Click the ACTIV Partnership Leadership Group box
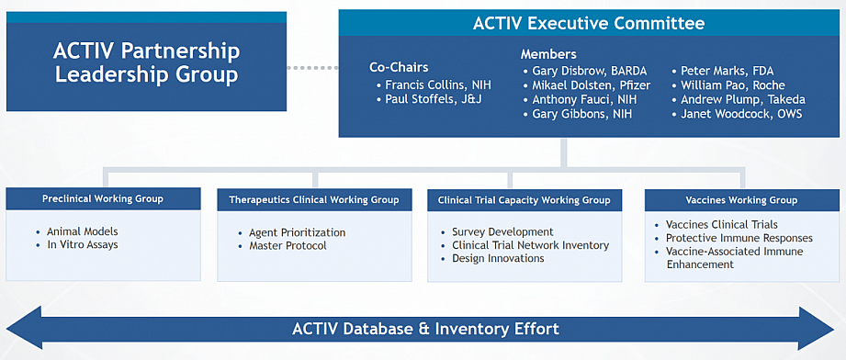click(x=146, y=62)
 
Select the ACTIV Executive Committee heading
click(x=589, y=23)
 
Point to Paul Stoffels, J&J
click(x=434, y=99)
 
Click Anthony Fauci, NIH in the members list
click(x=582, y=99)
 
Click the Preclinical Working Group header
click(x=103, y=198)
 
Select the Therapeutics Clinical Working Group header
click(x=314, y=199)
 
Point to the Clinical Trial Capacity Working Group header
click(x=525, y=200)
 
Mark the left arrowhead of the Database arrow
click(x=24, y=328)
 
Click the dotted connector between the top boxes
click(x=312, y=68)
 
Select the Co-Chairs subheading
click(x=399, y=67)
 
